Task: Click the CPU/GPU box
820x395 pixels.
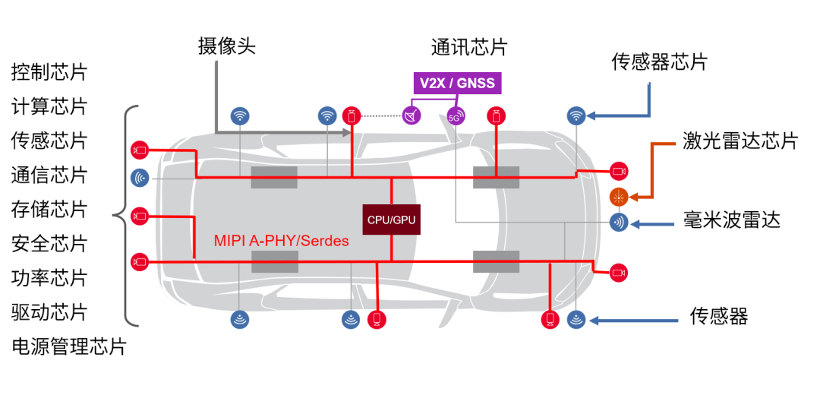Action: pos(391,219)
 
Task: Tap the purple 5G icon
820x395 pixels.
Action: pos(456,117)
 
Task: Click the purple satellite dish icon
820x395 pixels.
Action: pos(412,117)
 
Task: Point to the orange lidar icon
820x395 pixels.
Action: pos(620,197)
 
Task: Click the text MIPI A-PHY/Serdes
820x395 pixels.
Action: pos(281,242)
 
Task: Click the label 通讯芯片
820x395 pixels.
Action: pos(469,48)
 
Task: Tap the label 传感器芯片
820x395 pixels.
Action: pos(659,62)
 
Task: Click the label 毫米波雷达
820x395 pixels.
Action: pos(732,221)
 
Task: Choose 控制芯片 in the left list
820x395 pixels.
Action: pos(49,73)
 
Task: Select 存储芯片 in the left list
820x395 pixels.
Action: pos(49,209)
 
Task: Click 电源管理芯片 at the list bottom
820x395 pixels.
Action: pos(68,347)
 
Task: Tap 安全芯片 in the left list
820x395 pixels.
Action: pos(49,244)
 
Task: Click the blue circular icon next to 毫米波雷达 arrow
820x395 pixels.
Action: pos(620,223)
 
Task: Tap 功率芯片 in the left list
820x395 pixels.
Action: pos(49,278)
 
